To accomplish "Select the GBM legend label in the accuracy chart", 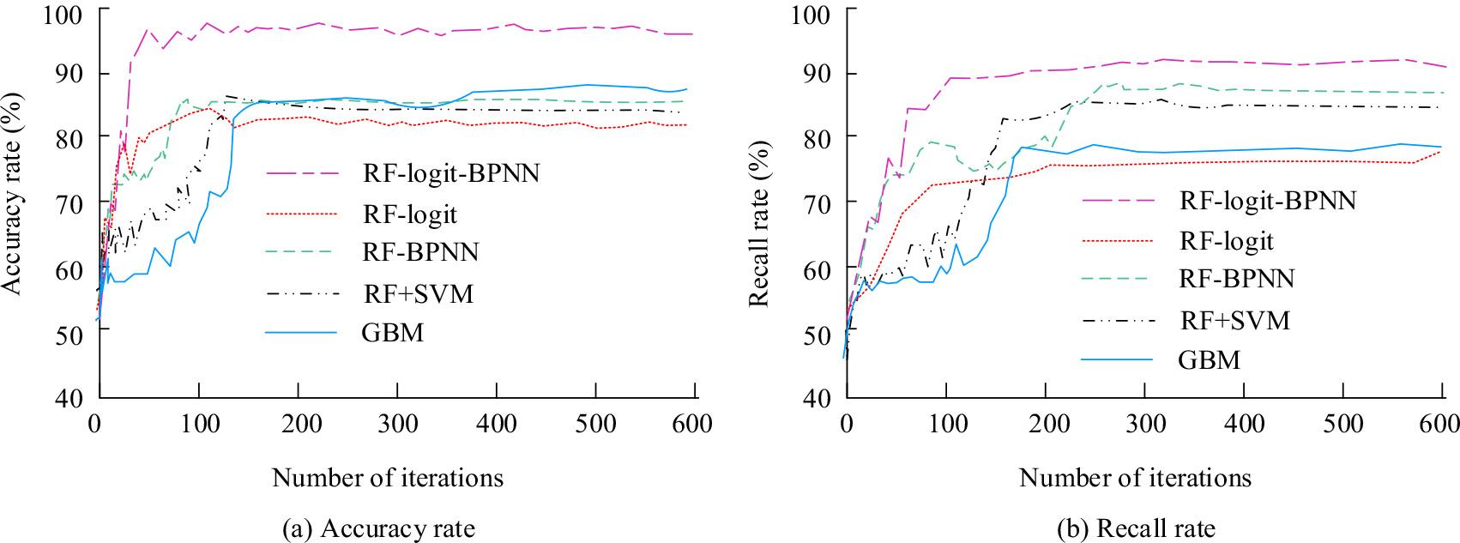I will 392,332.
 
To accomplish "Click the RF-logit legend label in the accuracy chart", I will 408,214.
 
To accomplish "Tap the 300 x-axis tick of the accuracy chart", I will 396,425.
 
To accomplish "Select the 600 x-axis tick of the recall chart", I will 1441,425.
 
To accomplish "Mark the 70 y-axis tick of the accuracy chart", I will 75,204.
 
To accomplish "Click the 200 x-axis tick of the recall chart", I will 1045,425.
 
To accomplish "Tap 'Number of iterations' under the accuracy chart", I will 388,477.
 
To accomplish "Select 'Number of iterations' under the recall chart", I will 1135,477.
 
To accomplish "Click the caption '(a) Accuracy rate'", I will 378,528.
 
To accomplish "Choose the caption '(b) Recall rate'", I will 1136,528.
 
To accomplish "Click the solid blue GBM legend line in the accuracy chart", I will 301,332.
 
